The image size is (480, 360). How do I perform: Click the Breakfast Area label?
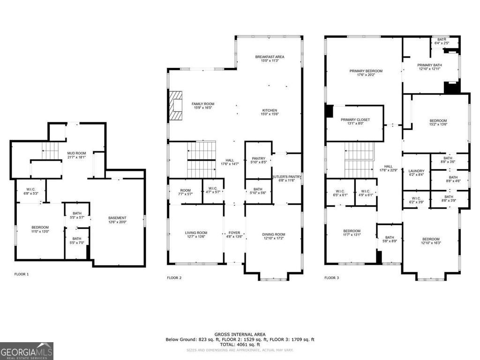(x=270, y=57)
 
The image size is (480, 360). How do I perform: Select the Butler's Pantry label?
(x=286, y=177)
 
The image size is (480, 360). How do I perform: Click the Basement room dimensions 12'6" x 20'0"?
(x=117, y=223)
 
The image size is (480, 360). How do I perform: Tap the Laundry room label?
(x=416, y=171)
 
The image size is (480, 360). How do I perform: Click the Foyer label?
(x=234, y=233)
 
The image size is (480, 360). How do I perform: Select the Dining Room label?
(x=273, y=234)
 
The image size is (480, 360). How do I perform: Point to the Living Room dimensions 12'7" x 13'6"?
(x=196, y=237)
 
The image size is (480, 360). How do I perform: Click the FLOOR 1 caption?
(x=22, y=274)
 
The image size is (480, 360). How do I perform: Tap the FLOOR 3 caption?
(x=332, y=277)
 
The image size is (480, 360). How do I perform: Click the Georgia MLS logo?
(x=27, y=351)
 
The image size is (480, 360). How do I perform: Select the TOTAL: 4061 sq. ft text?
(x=240, y=344)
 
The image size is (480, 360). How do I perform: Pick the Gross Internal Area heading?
(x=240, y=334)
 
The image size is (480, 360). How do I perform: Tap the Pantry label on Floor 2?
(x=259, y=158)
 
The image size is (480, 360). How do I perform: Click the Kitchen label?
(x=270, y=111)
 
